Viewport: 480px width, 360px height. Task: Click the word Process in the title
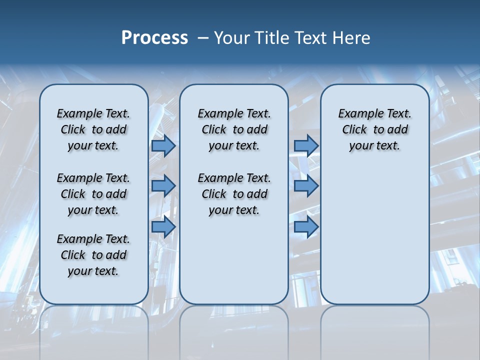(154, 37)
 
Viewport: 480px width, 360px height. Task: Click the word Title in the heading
(270, 38)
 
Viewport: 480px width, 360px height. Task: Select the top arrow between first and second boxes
(163, 145)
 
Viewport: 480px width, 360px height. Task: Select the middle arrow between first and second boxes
(163, 186)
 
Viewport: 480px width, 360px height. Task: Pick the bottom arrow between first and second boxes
(163, 227)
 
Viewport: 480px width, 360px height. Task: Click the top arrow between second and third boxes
(306, 145)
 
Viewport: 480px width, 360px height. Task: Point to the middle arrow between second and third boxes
(306, 186)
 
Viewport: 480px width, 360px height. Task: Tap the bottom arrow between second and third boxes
(306, 227)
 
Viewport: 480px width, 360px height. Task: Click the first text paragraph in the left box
(93, 129)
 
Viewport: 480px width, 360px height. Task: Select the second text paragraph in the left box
(93, 194)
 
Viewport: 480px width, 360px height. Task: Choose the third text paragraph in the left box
(93, 255)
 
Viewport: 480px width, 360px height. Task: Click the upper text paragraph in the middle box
(234, 129)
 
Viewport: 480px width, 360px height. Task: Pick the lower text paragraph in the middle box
(234, 194)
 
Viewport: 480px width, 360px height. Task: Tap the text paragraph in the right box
(374, 129)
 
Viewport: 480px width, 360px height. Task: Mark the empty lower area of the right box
(374, 235)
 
